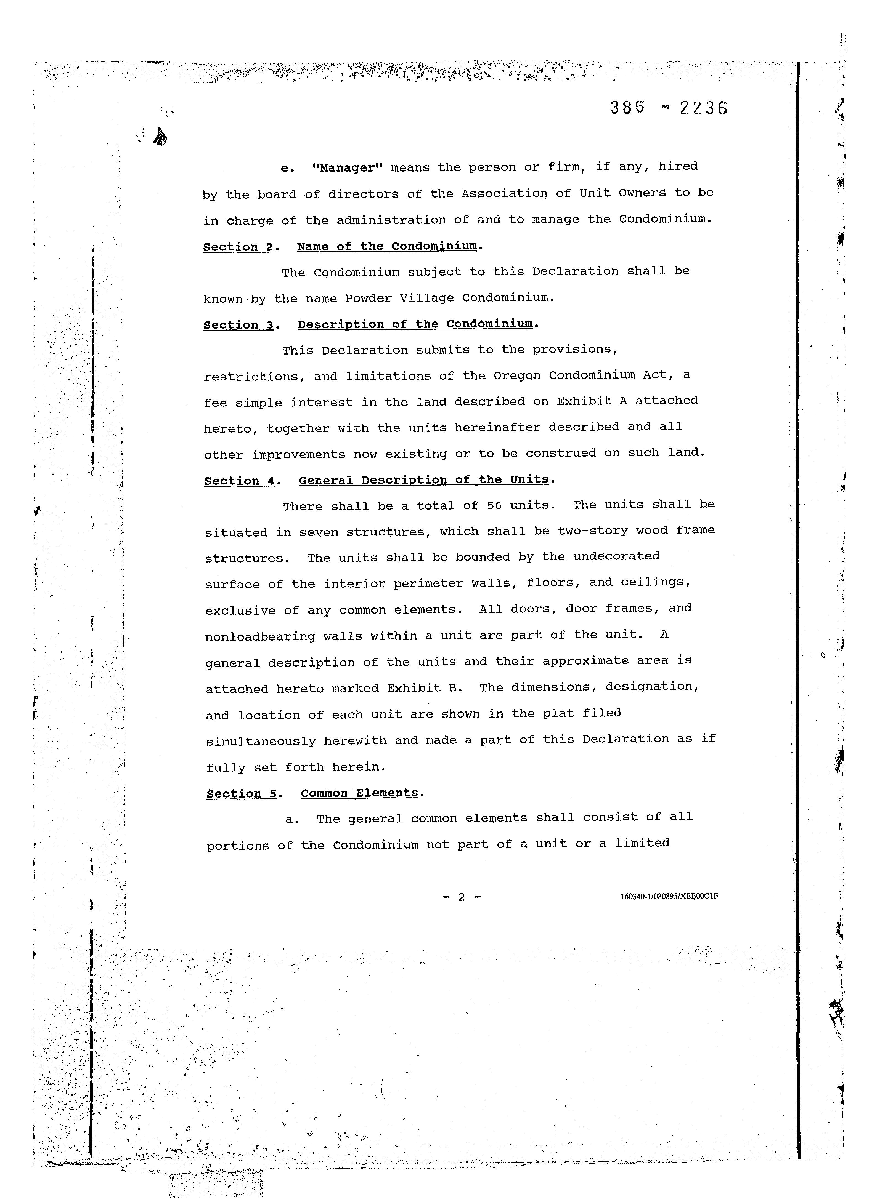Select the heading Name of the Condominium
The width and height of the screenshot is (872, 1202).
coord(387,246)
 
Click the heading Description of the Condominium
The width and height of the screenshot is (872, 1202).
coord(415,324)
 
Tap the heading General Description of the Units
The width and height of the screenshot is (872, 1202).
coord(423,480)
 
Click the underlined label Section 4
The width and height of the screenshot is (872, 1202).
coord(240,481)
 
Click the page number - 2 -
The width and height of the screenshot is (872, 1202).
coord(462,897)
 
